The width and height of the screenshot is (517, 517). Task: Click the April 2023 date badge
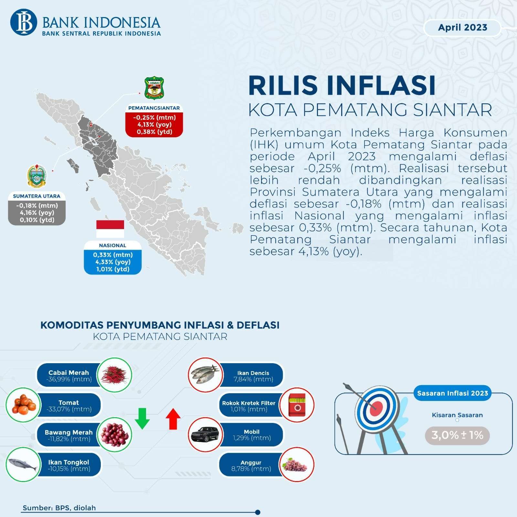coord(462,28)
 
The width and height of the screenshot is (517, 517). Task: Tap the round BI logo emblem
coord(24,22)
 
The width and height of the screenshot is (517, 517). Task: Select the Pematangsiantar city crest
coord(154,88)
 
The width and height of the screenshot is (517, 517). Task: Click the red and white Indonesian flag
coord(110,229)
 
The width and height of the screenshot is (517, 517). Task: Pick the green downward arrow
coord(142,418)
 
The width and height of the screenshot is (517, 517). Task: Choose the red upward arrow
coord(173,419)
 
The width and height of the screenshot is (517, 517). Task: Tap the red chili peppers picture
coord(115,375)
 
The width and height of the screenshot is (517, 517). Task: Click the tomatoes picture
coord(24,405)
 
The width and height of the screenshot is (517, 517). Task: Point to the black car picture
coord(205,434)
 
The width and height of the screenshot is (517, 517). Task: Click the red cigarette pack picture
coord(297,405)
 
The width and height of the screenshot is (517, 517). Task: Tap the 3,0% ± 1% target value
coord(457,435)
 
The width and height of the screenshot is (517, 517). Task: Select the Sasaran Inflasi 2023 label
coord(452,393)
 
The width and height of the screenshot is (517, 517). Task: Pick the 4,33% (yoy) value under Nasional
coord(113,262)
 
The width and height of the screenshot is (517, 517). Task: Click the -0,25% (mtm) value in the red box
coord(154,117)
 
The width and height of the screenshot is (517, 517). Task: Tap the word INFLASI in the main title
coord(381,85)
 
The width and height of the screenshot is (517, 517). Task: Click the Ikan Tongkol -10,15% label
coord(69,465)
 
